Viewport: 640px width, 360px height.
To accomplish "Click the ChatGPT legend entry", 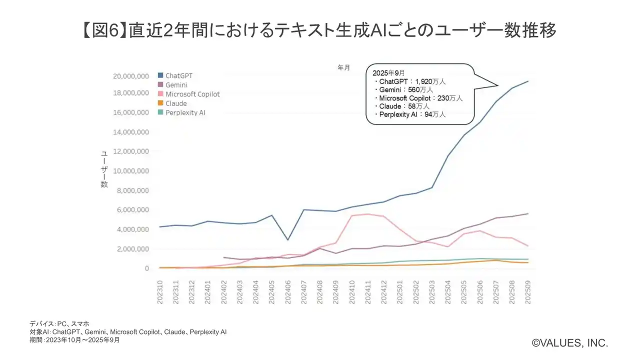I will pos(179,75).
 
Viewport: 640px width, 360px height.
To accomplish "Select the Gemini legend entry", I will pos(176,85).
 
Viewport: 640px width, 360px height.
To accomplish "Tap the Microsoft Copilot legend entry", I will pos(192,94).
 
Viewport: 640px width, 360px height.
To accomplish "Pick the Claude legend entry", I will pos(176,103).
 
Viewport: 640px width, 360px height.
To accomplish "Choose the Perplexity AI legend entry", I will pos(185,112).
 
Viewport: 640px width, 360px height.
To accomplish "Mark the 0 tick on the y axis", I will pos(146,268).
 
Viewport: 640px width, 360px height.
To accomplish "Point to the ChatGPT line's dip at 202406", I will pos(288,240).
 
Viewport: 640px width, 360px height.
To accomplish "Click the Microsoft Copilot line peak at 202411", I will pos(368,214).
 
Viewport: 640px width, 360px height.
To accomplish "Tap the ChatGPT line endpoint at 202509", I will pos(528,81).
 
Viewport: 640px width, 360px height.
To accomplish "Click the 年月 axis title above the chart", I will pos(344,67).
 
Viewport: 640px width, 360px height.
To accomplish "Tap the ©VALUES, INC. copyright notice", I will pos(569,343).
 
